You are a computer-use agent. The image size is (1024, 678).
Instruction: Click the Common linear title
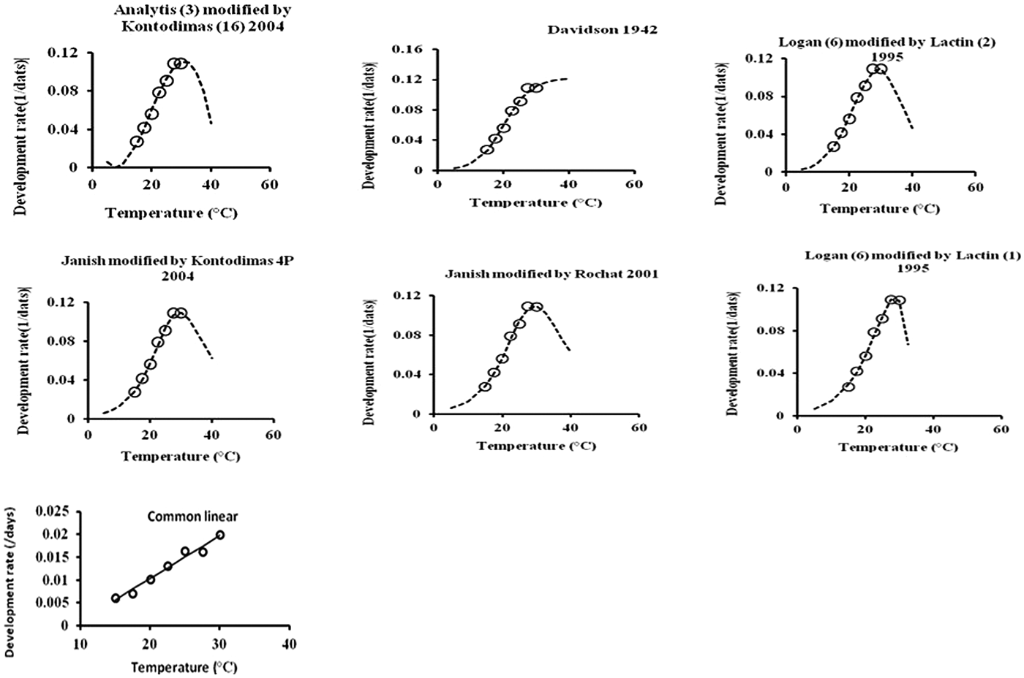point(192,517)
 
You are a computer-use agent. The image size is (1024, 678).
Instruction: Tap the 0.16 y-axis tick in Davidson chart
point(407,49)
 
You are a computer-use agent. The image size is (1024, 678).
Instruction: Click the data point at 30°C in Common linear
point(220,535)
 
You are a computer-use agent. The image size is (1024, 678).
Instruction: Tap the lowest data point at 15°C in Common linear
point(116,598)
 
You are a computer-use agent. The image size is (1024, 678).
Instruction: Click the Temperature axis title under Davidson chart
point(535,202)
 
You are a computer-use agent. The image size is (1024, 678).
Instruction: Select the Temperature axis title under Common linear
point(184,667)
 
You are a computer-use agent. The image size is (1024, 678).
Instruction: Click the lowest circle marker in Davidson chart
point(486,150)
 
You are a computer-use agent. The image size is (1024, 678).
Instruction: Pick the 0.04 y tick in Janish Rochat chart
point(407,374)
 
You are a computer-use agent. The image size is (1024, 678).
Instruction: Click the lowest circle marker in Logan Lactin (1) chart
point(848,386)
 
